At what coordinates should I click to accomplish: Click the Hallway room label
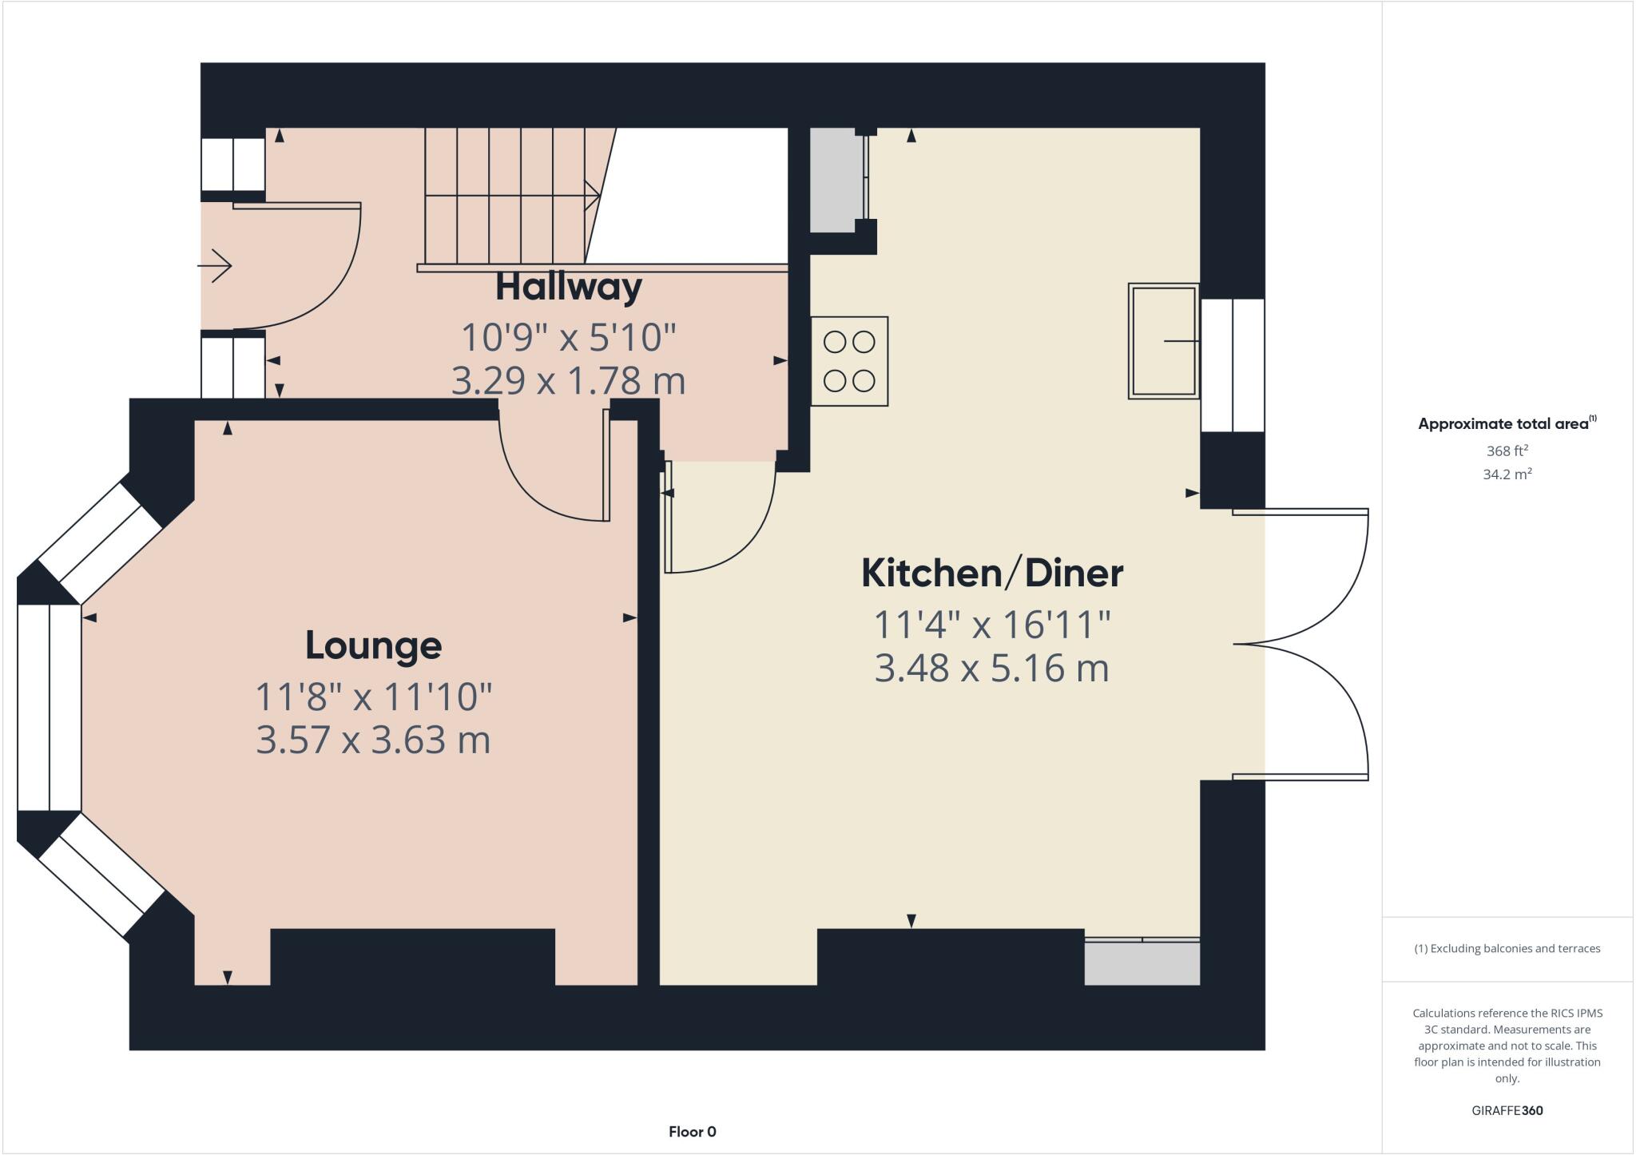[x=568, y=288]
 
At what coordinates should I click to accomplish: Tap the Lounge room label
[x=373, y=645]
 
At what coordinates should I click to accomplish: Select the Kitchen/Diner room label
[x=991, y=574]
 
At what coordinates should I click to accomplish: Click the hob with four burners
[x=849, y=362]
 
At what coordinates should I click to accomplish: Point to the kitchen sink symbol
[x=1163, y=341]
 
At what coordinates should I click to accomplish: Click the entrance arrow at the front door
[x=215, y=265]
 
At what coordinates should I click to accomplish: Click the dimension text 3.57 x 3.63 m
[x=373, y=740]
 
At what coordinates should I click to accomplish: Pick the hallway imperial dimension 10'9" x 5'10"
[x=568, y=338]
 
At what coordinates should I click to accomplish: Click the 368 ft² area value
[x=1507, y=450]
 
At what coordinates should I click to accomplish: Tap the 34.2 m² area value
[x=1507, y=474]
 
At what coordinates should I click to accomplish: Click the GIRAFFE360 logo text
[x=1507, y=1110]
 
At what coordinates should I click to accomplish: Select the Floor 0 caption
[x=692, y=1132]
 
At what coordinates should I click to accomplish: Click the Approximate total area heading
[x=1507, y=424]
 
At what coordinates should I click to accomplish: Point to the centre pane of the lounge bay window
[x=50, y=708]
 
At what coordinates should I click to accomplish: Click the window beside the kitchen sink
[x=1233, y=365]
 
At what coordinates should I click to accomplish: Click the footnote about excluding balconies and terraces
[x=1507, y=949]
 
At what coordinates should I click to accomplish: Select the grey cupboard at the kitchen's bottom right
[x=1142, y=963]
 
